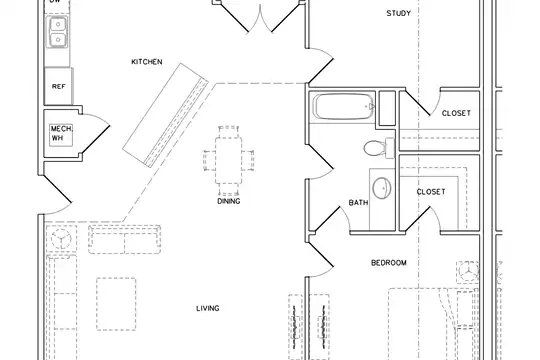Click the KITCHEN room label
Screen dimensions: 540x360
[x=147, y=62]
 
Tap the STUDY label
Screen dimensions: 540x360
[x=398, y=13]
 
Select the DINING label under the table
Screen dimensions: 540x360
[x=229, y=201]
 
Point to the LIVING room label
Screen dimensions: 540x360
[x=208, y=308]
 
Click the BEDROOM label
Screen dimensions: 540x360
[x=388, y=263]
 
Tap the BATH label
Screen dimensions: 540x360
[x=358, y=203]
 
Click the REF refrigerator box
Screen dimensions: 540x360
[x=59, y=86]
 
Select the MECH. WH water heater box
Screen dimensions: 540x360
[x=61, y=135]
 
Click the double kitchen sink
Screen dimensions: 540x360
[x=58, y=32]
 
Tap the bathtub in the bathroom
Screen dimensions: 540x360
[x=344, y=107]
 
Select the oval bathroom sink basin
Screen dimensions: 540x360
[x=382, y=188]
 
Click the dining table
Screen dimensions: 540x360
[x=229, y=161]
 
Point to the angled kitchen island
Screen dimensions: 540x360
[x=166, y=115]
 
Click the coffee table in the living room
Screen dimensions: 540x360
[x=116, y=304]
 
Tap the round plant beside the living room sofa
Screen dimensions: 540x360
[x=61, y=238]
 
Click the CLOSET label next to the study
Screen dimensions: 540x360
[x=456, y=113]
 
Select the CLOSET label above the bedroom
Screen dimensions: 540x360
[x=431, y=192]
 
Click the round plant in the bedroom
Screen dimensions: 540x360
[x=468, y=271]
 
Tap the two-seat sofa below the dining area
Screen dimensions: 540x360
[x=125, y=239]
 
